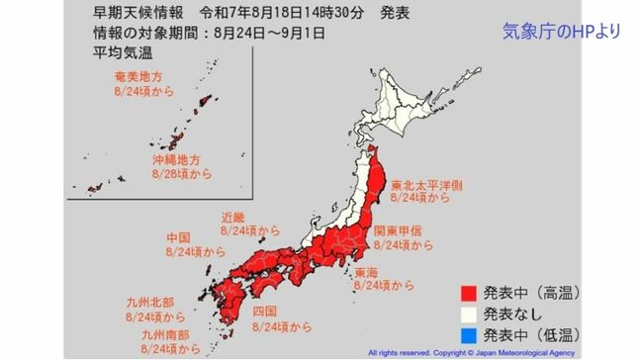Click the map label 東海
tap(366, 271)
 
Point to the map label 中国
tap(178, 238)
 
